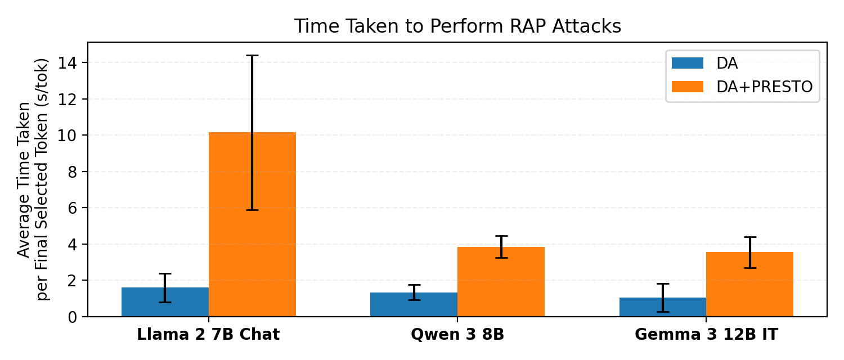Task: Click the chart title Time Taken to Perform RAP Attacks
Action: pyautogui.click(x=457, y=26)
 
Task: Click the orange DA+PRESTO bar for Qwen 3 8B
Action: pyautogui.click(x=501, y=282)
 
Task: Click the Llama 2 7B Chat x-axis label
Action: pyautogui.click(x=208, y=335)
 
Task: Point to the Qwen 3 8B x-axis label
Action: pyautogui.click(x=457, y=335)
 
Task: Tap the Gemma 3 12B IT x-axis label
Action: pyautogui.click(x=706, y=335)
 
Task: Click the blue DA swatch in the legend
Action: pyautogui.click(x=688, y=63)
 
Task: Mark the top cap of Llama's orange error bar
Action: pyautogui.click(x=252, y=56)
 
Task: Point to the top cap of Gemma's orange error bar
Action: pyautogui.click(x=749, y=237)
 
